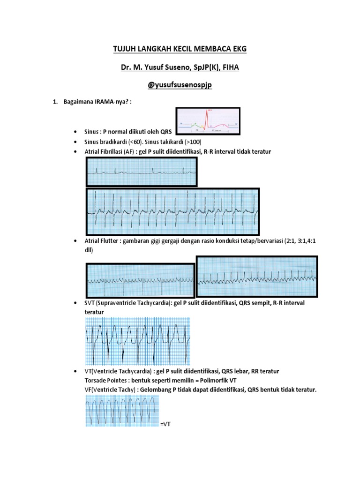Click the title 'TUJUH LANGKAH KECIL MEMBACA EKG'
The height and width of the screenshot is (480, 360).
(180, 49)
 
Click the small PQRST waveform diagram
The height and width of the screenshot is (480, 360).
(208, 121)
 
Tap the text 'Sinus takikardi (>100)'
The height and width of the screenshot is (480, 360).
(175, 142)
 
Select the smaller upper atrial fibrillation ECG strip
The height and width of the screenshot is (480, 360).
(142, 172)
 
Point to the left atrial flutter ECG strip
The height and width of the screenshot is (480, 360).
(140, 280)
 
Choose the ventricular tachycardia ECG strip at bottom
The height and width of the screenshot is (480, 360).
(122, 410)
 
